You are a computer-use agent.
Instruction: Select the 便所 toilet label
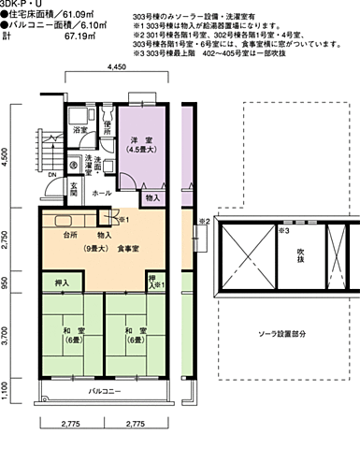click(108, 127)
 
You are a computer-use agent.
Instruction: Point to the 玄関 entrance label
click(73, 189)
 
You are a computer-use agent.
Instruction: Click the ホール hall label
click(102, 194)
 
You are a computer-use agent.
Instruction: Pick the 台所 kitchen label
click(70, 235)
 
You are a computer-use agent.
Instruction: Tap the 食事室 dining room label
click(128, 248)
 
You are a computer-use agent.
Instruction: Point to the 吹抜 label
click(301, 253)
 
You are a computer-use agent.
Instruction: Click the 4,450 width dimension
click(116, 69)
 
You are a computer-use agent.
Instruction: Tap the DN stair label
click(52, 174)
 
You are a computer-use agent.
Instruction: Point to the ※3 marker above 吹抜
click(286, 228)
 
